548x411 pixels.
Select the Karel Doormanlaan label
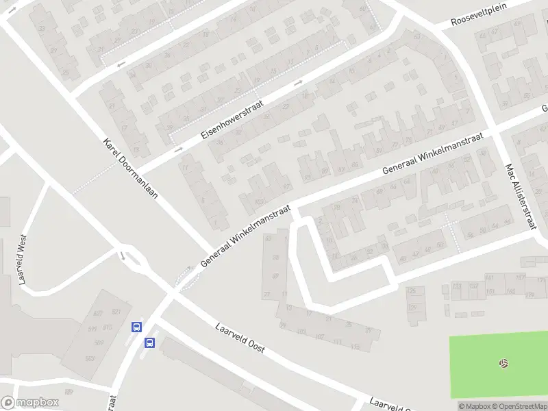(131, 169)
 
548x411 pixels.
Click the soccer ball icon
(504, 362)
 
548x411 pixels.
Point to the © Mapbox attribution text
(475, 406)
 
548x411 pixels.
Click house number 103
(258, 201)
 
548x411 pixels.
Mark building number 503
(89, 358)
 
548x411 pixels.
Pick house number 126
(412, 291)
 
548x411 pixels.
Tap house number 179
(530, 294)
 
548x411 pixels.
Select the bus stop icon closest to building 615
(136, 327)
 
